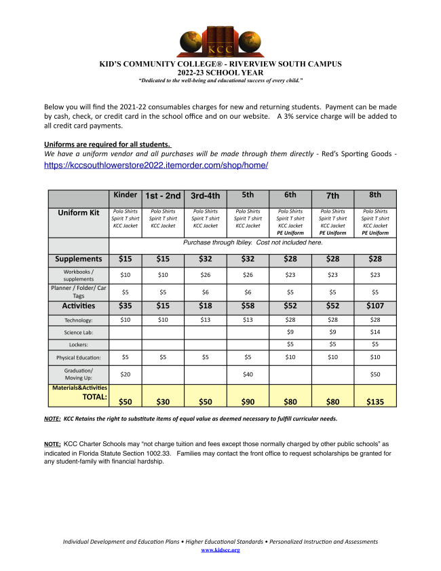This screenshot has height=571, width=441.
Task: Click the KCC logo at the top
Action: coord(220,42)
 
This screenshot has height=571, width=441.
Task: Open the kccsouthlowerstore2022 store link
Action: coord(156,165)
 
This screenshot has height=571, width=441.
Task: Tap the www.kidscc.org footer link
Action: coord(220,549)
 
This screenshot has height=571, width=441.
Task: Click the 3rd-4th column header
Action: coord(206,196)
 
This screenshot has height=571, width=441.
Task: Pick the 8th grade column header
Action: coord(375,195)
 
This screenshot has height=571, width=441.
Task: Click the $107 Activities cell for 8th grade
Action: coord(375,306)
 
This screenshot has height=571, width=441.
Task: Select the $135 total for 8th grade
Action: coord(375,401)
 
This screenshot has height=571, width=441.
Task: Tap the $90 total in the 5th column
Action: coord(248,401)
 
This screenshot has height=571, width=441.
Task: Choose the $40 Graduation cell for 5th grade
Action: coord(248,374)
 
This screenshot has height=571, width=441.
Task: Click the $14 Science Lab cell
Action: coord(375,333)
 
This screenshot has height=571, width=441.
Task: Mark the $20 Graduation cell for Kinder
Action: coord(126,374)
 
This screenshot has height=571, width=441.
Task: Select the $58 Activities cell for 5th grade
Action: coord(248,306)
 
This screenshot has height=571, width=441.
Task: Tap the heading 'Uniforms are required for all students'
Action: coord(107,144)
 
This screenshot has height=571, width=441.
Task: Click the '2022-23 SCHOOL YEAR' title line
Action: coord(220,72)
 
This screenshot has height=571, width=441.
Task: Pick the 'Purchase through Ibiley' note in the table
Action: coord(253,242)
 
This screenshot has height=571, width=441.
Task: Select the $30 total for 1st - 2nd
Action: coord(163,401)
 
